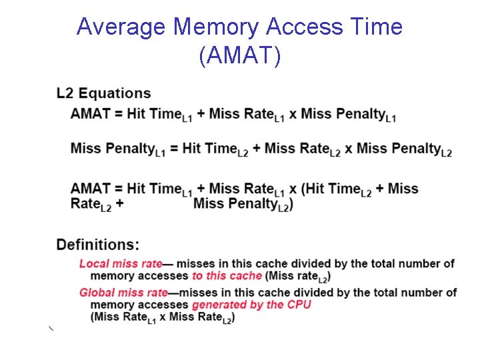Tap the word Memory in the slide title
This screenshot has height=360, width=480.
[x=216, y=27]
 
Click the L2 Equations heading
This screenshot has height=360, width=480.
[x=103, y=93]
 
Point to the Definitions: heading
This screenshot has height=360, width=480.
[x=98, y=245]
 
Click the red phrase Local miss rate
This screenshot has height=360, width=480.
[x=121, y=263]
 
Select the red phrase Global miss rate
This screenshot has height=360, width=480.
[x=123, y=293]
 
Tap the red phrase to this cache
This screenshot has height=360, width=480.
[x=227, y=276]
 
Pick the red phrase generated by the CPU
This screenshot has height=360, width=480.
[x=251, y=305]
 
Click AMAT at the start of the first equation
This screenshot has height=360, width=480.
[x=90, y=113]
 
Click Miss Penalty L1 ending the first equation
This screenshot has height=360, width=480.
[x=349, y=115]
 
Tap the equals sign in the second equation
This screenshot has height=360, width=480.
[x=173, y=149]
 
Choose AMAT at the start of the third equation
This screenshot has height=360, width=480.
[x=90, y=189]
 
